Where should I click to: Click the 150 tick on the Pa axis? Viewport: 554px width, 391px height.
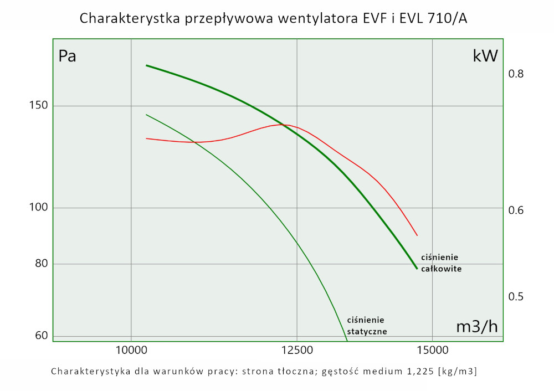(x=39, y=106)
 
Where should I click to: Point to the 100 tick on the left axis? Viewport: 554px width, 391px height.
(x=39, y=208)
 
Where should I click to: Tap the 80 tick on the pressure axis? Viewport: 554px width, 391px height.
(x=40, y=264)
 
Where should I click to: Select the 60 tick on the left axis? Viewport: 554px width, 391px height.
(x=40, y=336)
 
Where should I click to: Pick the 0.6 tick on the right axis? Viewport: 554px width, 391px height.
(x=516, y=210)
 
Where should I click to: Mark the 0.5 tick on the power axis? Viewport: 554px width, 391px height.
(x=516, y=296)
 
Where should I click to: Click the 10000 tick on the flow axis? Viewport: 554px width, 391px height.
(x=131, y=350)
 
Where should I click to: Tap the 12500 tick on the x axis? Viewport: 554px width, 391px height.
(x=297, y=350)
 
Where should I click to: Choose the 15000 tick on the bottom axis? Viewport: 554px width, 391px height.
(x=432, y=350)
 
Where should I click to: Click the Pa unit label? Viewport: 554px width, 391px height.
(x=68, y=56)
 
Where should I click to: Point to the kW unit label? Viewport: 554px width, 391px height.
(x=485, y=56)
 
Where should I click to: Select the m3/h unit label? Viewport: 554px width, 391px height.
(x=476, y=327)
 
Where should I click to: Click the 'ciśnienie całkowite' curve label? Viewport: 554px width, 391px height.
(x=441, y=263)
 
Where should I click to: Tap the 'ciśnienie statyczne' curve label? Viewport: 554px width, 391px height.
(x=367, y=326)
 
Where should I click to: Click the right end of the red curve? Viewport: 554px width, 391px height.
(x=417, y=235)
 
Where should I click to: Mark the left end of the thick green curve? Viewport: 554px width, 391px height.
(x=146, y=65)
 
